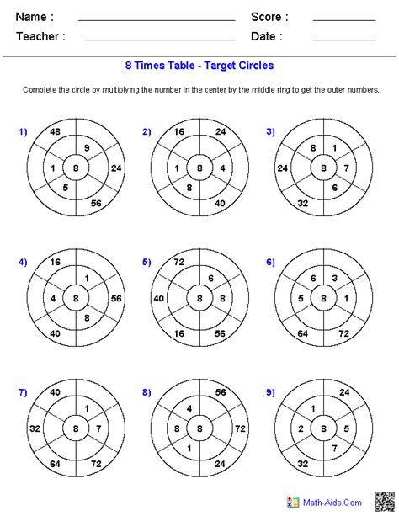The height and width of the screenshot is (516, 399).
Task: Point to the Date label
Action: click(266, 36)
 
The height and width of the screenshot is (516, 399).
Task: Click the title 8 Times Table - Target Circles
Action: click(199, 65)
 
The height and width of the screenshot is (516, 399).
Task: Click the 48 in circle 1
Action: click(55, 132)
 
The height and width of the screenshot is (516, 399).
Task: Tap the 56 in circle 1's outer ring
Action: click(95, 204)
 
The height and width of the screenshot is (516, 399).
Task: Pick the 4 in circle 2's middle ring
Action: click(221, 168)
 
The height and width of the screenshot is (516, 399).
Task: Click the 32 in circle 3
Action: click(302, 203)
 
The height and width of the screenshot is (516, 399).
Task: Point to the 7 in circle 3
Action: click(344, 168)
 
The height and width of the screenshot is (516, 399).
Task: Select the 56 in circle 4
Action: click(116, 299)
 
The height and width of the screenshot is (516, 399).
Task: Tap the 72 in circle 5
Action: click(179, 263)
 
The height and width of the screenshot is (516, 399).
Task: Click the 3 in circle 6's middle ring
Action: click(333, 278)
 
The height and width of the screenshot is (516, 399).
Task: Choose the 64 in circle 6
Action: click(302, 334)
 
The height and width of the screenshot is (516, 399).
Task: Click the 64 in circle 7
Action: click(55, 463)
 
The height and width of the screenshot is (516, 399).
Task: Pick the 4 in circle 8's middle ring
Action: click(190, 410)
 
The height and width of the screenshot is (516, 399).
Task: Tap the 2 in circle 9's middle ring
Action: click(301, 428)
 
